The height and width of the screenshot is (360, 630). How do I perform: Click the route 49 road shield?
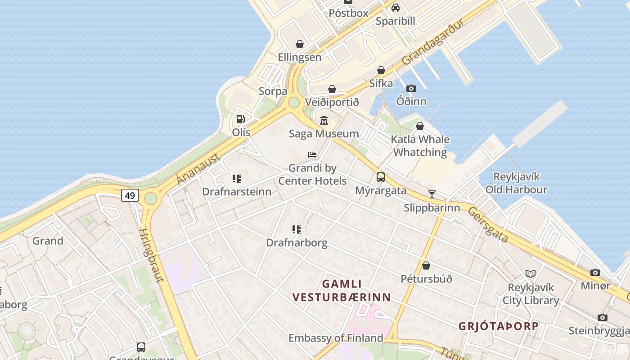130,195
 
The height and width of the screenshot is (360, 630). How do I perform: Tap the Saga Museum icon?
324,120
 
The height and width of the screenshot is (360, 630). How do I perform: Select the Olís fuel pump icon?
241,119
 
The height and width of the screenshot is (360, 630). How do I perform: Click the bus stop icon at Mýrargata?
381,177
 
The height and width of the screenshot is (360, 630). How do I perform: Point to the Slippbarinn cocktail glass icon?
432,194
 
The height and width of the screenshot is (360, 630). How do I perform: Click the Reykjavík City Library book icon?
531,274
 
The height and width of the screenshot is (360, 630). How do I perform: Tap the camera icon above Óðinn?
411,88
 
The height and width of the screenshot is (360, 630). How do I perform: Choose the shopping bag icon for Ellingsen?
300,44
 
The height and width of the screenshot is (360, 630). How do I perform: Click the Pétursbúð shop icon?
426,265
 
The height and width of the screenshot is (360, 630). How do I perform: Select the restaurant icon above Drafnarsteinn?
237,179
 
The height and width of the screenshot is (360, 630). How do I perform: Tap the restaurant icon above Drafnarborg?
297,229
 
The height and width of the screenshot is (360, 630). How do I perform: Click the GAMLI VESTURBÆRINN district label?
342,291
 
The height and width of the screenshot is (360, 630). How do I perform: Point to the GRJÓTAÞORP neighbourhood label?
498,326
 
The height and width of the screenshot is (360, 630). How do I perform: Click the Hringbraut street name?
151,255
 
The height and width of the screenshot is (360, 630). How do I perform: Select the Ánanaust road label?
198,169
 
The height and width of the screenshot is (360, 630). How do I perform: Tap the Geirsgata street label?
488,225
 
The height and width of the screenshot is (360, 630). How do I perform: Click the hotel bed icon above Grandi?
312,155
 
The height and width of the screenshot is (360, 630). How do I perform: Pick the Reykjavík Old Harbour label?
516,183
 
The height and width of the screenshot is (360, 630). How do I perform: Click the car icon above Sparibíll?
396,8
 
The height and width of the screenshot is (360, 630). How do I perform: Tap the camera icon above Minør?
595,272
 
